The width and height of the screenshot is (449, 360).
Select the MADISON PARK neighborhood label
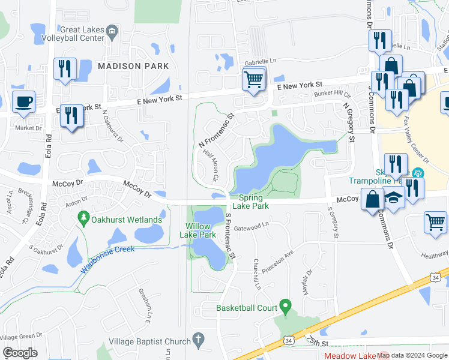[x=133, y=66]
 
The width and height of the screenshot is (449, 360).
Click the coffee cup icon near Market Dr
[x=23, y=102]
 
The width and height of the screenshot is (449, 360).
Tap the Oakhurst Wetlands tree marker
[x=84, y=219]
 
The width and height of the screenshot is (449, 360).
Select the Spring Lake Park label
[x=253, y=202]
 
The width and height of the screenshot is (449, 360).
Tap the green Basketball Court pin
[x=285, y=307]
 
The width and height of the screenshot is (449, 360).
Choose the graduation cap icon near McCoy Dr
[x=394, y=198]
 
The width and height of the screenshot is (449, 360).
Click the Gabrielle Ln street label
[x=261, y=61]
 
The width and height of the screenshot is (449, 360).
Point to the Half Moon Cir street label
[x=209, y=166]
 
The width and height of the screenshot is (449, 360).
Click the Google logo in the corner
[x=20, y=353]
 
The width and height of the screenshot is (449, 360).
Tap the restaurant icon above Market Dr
[x=71, y=116]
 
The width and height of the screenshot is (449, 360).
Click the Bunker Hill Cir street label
[x=332, y=95]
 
